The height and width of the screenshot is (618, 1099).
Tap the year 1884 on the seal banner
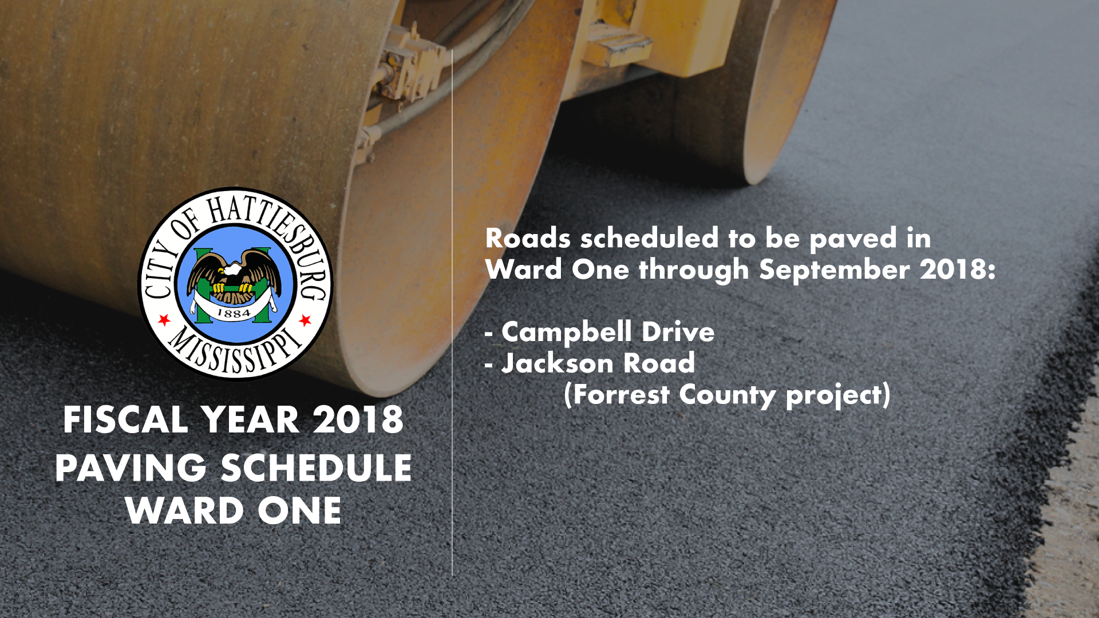click(234, 313)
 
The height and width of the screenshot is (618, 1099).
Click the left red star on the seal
click(164, 319)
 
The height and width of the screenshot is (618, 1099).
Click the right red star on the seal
click(305, 319)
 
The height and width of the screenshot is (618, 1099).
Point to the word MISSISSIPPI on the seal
click(235, 350)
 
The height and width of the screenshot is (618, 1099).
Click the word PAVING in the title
click(131, 468)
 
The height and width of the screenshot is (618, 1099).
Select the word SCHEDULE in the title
click(316, 468)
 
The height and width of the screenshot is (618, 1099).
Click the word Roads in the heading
click(528, 238)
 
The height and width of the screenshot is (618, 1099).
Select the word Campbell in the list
click(567, 332)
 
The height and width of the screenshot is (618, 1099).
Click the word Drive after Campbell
click(678, 332)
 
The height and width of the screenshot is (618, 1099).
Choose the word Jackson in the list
click(557, 363)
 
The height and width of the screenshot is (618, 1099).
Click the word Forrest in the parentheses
click(622, 395)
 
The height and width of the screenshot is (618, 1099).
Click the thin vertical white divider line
click(452, 312)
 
